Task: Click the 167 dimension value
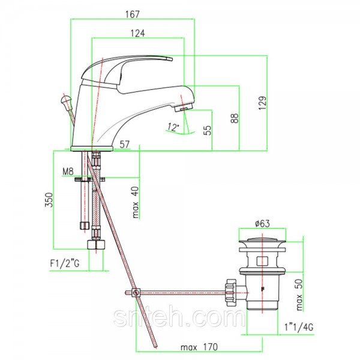pos(133,14)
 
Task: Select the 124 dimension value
pos(138,33)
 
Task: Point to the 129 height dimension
pos(263,103)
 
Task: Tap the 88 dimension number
pos(235,118)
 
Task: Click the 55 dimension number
pos(208,130)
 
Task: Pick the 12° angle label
pos(173,127)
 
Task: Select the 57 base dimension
pos(125,145)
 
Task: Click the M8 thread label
pos(68,171)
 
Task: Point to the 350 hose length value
pos(49,200)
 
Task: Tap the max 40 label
pos(136,202)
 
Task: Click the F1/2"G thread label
pos(65,263)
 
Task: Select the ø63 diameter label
pos(262,223)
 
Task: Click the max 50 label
pos(299,295)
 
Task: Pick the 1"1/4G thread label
pos(299,327)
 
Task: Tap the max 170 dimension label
pos(199,347)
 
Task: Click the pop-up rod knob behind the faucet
pos(65,101)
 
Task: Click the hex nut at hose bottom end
pos(96,245)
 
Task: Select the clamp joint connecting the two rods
pos(136,293)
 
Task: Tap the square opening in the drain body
pos(262,261)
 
